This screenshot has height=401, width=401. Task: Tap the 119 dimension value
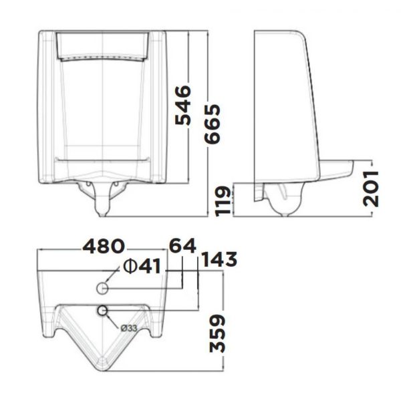coord(226,200)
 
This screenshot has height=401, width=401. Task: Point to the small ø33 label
coord(130,327)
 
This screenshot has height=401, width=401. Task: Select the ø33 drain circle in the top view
coord(103,310)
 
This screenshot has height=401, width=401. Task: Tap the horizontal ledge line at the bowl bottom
coord(102,158)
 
